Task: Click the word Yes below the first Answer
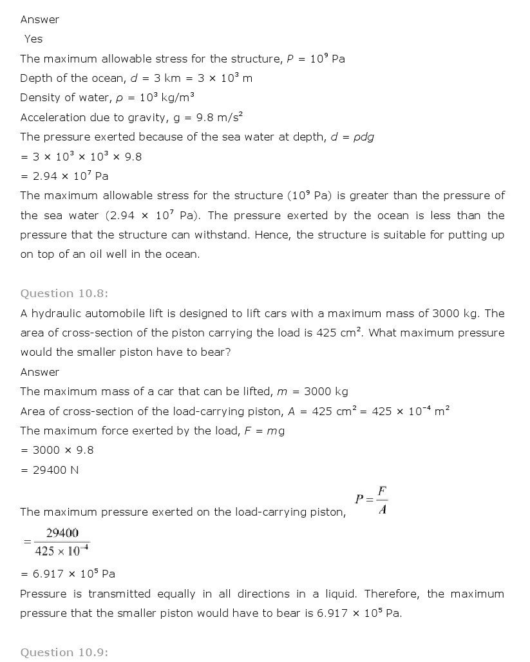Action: tap(33, 39)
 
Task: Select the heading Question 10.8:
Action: tap(64, 294)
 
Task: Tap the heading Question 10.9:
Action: tap(64, 652)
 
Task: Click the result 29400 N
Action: tap(50, 470)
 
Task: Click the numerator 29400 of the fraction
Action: tap(62, 533)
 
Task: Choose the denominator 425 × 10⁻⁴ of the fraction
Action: tap(62, 551)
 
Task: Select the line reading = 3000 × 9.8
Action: tap(57, 451)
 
